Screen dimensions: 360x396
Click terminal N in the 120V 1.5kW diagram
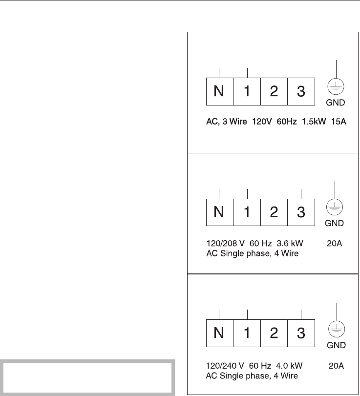[220, 91]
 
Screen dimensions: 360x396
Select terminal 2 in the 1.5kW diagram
[274, 91]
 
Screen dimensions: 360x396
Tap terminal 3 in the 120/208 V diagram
[301, 212]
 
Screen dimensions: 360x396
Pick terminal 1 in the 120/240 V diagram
[247, 334]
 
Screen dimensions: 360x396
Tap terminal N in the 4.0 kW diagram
[220, 334]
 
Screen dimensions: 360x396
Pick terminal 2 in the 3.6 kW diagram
[274, 212]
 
